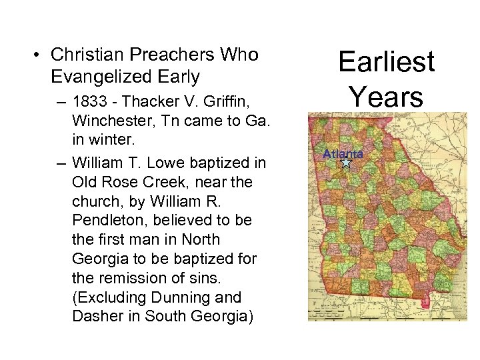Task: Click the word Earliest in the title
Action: click(x=386, y=62)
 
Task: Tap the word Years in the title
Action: click(x=386, y=97)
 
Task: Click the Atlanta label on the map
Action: click(x=343, y=154)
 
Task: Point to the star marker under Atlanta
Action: click(x=345, y=162)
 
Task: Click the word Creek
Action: click(x=164, y=181)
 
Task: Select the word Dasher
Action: click(x=97, y=316)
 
